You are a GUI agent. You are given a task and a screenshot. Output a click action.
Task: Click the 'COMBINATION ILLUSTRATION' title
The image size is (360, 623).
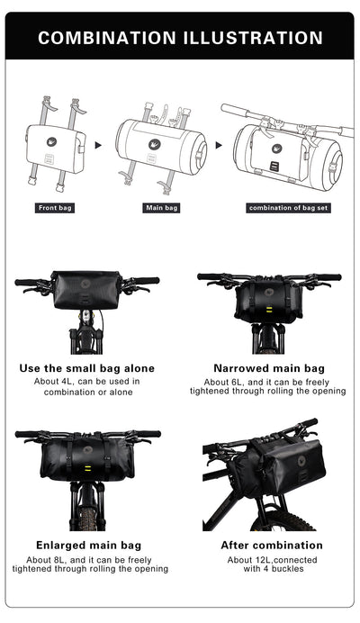(x=180, y=38)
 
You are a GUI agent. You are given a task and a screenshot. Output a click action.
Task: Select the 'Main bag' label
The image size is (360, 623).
(x=162, y=208)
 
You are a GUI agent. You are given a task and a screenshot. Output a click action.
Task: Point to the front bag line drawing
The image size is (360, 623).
(x=55, y=142)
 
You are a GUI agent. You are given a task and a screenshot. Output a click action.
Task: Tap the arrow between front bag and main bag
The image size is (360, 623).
(x=98, y=144)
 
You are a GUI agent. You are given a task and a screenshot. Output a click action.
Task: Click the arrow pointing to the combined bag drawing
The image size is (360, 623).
(x=218, y=144)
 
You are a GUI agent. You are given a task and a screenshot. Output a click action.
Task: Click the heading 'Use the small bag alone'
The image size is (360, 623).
(x=87, y=368)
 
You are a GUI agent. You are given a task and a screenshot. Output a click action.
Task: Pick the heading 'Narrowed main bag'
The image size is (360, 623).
(x=269, y=368)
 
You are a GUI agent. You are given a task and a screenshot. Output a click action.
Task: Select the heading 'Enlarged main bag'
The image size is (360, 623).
(x=87, y=546)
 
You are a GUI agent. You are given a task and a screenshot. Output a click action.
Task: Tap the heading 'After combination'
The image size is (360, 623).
(x=271, y=546)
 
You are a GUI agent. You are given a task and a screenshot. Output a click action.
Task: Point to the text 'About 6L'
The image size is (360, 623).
(x=217, y=381)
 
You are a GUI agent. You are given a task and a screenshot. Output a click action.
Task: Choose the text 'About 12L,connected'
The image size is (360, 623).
(x=271, y=559)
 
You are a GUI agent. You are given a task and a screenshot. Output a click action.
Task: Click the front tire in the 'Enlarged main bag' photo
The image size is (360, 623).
(x=87, y=514)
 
